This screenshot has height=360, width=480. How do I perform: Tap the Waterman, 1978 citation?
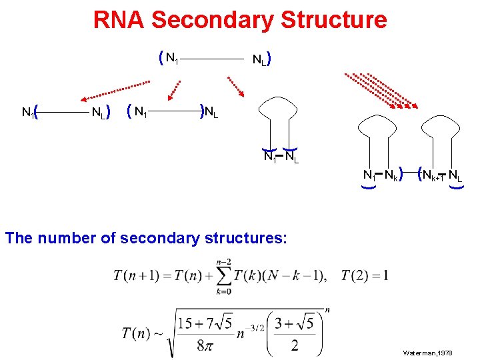[428, 351]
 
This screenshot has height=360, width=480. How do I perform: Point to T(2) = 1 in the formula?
[365, 275]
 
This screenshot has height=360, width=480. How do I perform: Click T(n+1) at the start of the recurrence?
[139, 275]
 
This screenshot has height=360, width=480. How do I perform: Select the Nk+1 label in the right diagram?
[433, 176]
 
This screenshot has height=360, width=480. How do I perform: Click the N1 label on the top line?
[171, 59]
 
